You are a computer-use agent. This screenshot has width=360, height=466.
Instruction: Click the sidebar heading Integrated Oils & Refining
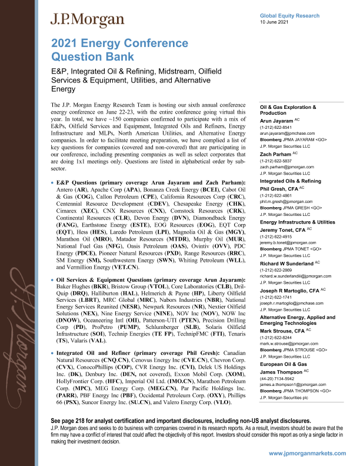point(290,181)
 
